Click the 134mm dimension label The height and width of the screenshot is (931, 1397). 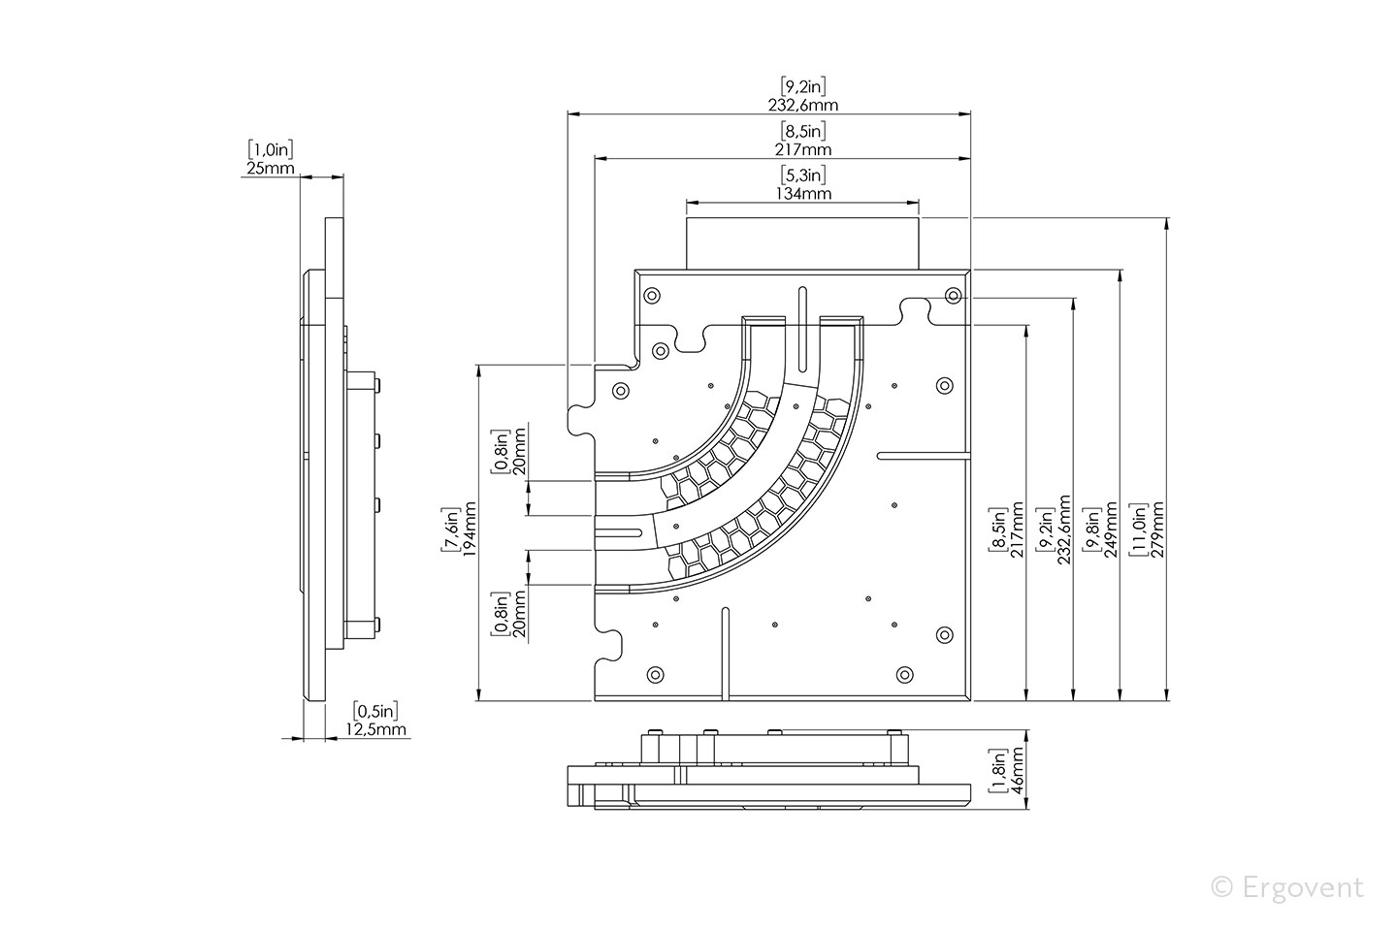click(803, 193)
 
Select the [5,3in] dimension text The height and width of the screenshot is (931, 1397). click(803, 175)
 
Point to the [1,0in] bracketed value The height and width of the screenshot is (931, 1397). click(271, 149)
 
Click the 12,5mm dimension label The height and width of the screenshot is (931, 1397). click(375, 729)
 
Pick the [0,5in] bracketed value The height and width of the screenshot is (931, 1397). click(375, 710)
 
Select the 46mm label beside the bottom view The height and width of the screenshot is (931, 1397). click(1018, 771)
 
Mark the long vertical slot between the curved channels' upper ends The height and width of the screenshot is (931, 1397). click(801, 330)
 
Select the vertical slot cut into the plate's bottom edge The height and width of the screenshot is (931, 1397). click(723, 655)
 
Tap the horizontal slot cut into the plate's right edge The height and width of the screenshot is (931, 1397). click(922, 454)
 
